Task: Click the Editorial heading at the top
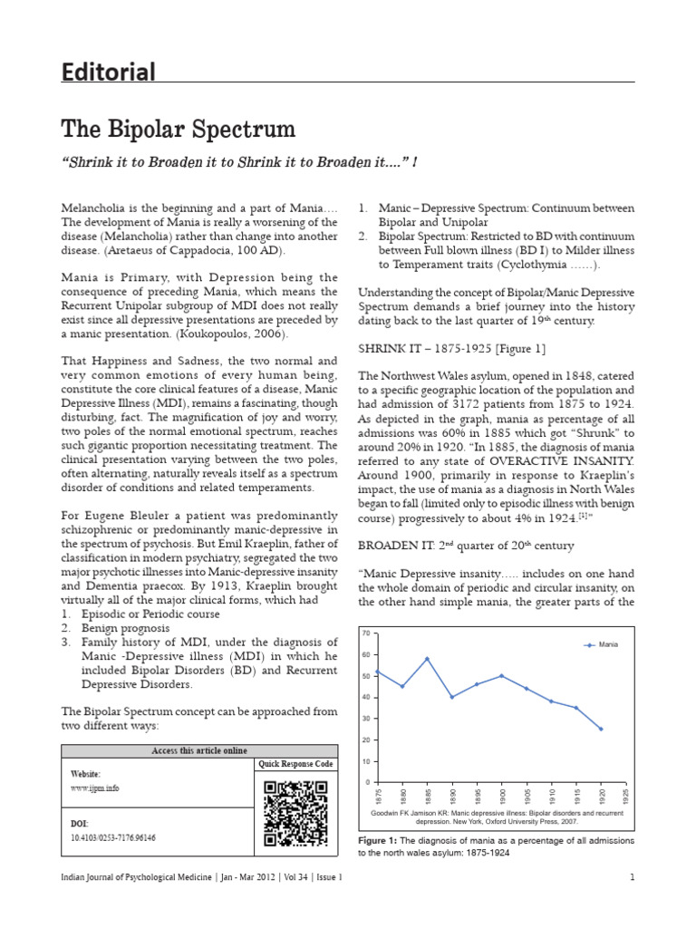(108, 72)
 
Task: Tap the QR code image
(295, 813)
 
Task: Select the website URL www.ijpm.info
(94, 788)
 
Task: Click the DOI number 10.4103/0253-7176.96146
(113, 838)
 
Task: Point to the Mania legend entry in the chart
(603, 644)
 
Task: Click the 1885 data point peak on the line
(427, 659)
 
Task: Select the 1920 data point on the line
(600, 729)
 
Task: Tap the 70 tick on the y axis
(366, 632)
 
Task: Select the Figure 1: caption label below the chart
(384, 841)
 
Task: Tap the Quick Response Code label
(295, 764)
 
